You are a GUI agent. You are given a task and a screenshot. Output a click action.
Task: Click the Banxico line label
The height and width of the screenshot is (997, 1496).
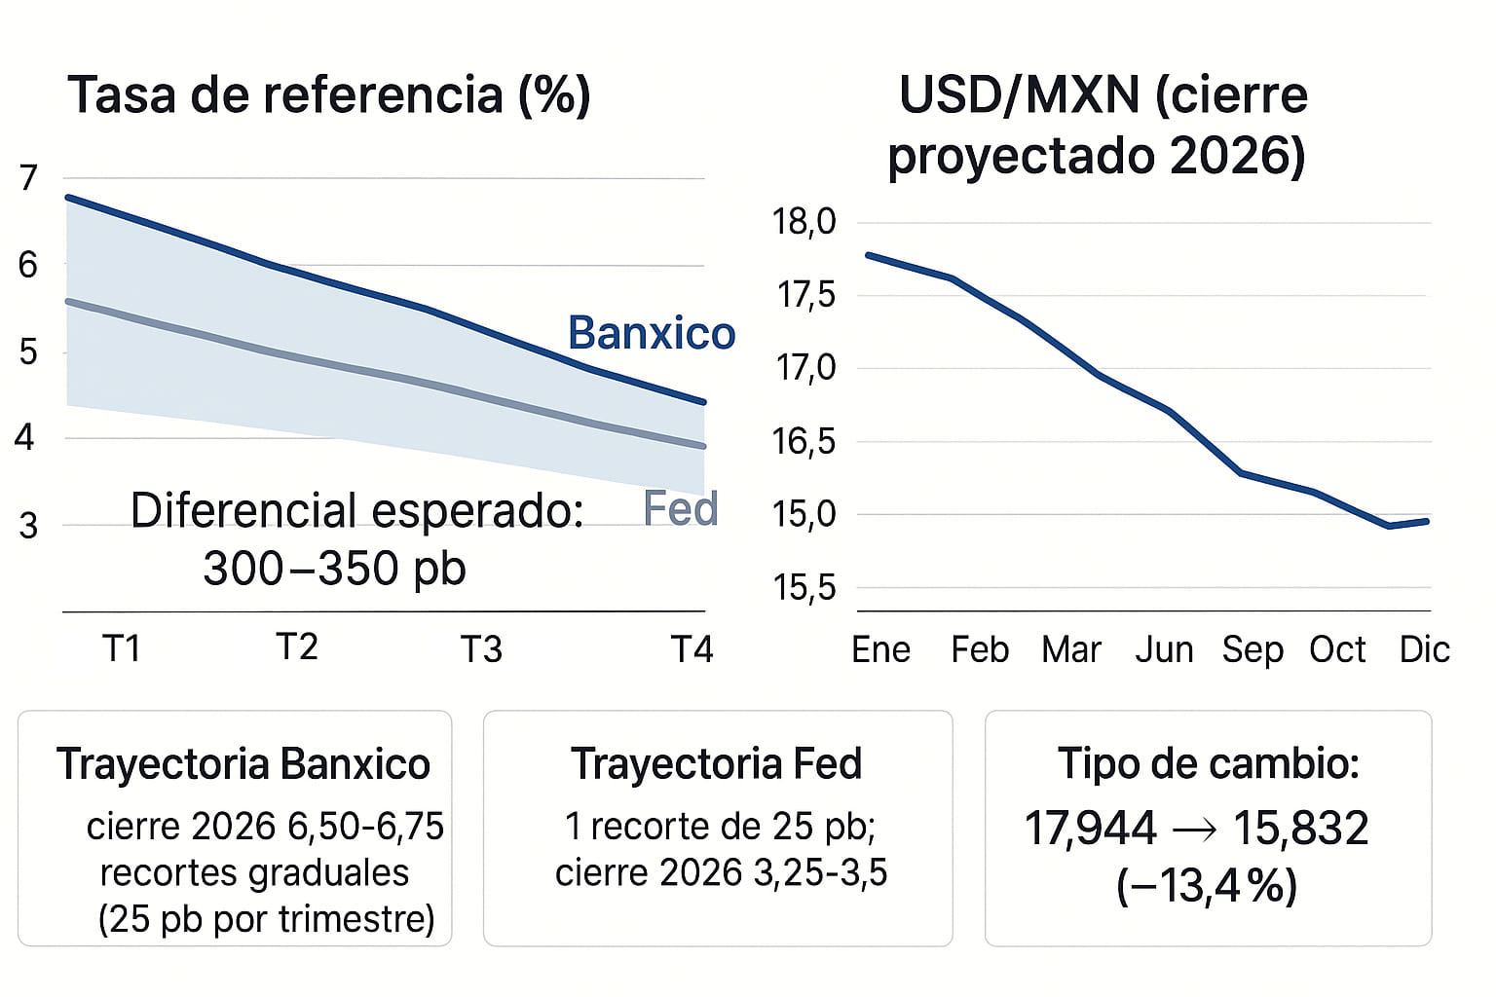click(651, 333)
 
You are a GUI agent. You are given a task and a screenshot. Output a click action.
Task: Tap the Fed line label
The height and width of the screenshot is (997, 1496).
click(680, 509)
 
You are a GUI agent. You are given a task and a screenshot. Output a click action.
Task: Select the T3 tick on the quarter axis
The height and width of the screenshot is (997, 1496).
click(480, 649)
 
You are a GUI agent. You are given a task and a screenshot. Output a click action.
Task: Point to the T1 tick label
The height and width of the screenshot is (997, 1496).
click(122, 649)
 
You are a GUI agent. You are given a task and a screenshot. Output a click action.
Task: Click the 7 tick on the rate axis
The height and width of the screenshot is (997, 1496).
click(28, 178)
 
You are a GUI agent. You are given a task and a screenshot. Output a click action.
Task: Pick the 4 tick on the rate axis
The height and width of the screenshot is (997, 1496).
click(25, 438)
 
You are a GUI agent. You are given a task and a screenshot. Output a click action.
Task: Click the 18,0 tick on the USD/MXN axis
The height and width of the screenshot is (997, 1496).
click(804, 222)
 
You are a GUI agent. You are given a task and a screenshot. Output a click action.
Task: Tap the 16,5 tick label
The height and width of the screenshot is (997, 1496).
click(804, 442)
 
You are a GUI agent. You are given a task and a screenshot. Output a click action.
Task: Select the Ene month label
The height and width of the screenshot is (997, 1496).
click(880, 649)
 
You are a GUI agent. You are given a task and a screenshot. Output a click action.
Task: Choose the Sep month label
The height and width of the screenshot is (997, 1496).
click(1253, 649)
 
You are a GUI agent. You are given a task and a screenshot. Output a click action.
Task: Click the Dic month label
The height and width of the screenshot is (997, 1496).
click(1424, 649)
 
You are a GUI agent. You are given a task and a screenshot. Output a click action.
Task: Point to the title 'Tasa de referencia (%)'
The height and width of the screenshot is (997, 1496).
click(328, 95)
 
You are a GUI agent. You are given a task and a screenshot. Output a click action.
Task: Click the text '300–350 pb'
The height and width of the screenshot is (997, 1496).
click(334, 569)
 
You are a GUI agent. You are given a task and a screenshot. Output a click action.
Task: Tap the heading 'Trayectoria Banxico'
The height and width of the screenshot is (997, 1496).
click(243, 764)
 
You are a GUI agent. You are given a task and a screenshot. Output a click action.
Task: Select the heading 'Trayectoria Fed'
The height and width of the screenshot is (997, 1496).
click(716, 764)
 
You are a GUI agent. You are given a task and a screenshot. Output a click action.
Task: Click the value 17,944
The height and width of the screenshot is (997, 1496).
click(1090, 829)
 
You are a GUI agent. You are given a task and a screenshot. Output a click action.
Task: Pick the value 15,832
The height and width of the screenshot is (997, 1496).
click(1301, 829)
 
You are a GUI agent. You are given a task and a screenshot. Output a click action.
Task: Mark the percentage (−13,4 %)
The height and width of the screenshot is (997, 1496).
click(1207, 887)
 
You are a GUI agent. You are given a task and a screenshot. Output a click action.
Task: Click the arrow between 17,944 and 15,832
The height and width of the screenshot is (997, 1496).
click(1195, 830)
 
